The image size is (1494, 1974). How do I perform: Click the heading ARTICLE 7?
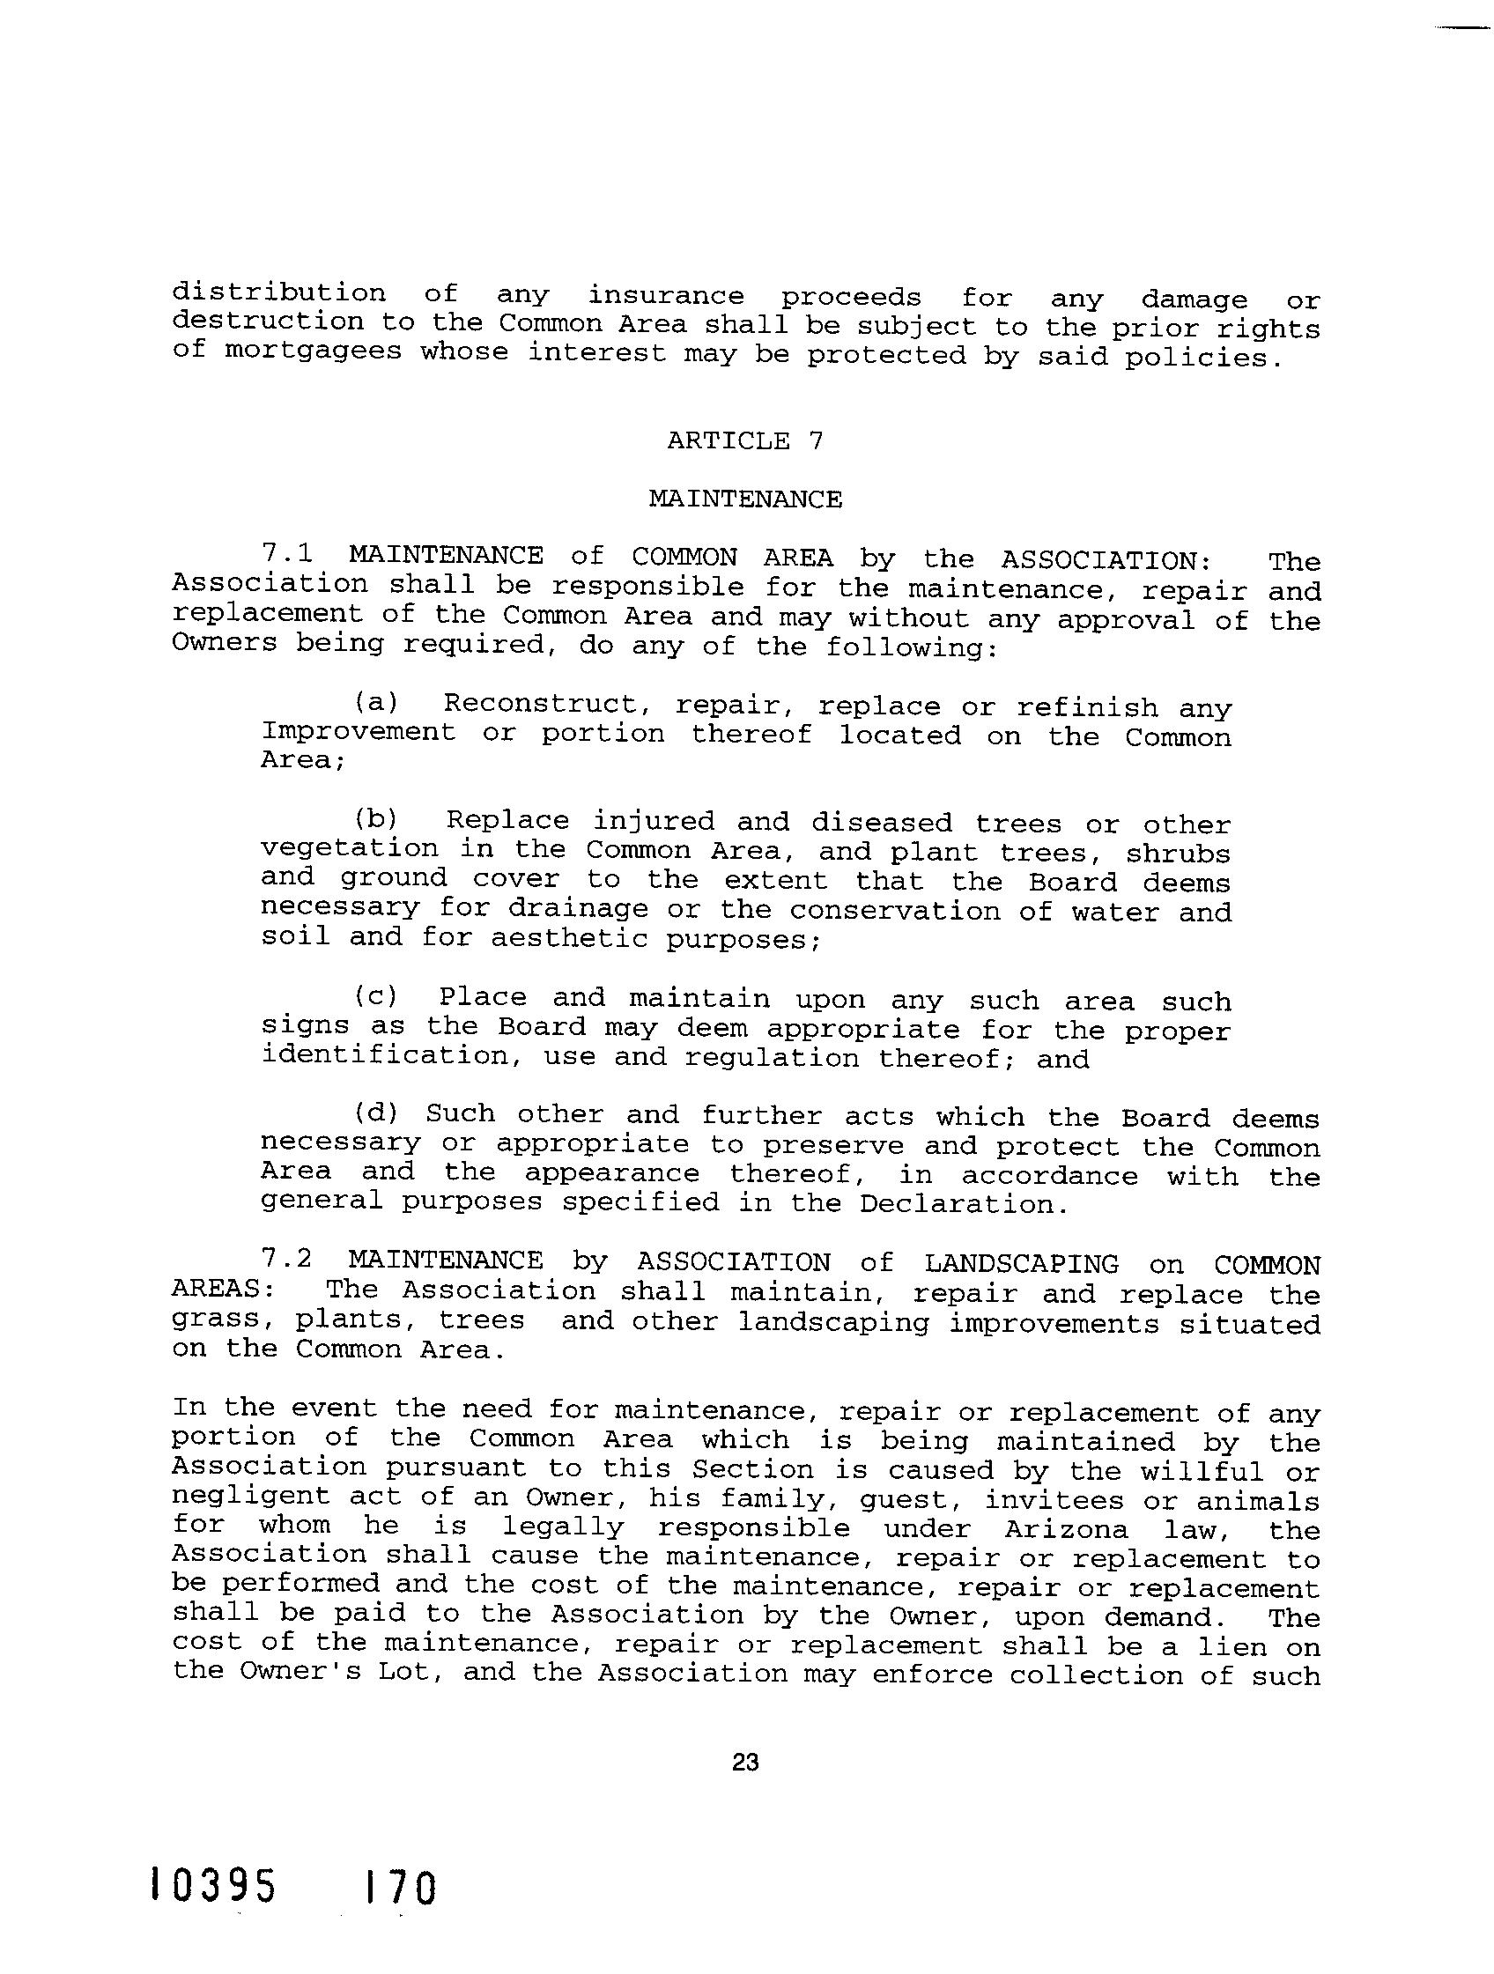coord(744,440)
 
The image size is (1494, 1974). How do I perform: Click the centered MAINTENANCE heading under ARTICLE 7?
coord(744,499)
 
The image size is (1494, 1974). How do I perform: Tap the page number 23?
coord(744,1762)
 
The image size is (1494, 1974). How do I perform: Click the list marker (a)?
coord(376,702)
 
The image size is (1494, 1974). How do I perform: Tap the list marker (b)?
coord(376,818)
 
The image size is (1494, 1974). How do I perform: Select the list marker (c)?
coord(376,995)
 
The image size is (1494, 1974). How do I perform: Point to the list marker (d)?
coord(376,1113)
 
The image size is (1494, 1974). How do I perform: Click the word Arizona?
coord(1066,1529)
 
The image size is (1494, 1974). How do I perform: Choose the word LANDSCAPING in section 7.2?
coord(1021,1264)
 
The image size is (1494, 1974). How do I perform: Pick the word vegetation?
coord(350,847)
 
